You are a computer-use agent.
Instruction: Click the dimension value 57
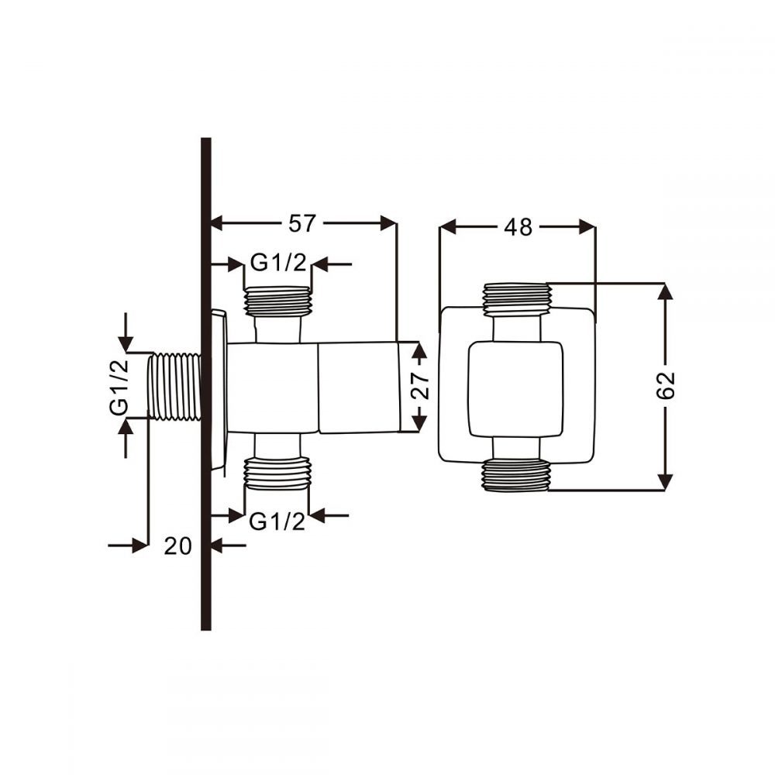pos(301,223)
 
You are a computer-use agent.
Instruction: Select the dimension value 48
pos(518,227)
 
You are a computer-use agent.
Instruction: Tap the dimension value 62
pos(665,385)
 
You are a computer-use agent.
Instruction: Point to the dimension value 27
pos(420,386)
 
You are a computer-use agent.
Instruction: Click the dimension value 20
pos(178,546)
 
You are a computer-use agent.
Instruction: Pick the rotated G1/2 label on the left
pos(119,387)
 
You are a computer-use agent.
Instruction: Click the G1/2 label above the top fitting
pos(278,262)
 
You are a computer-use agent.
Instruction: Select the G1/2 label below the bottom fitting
pos(277,521)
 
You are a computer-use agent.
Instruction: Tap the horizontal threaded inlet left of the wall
pos(174,387)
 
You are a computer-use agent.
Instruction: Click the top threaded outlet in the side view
pos(277,301)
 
